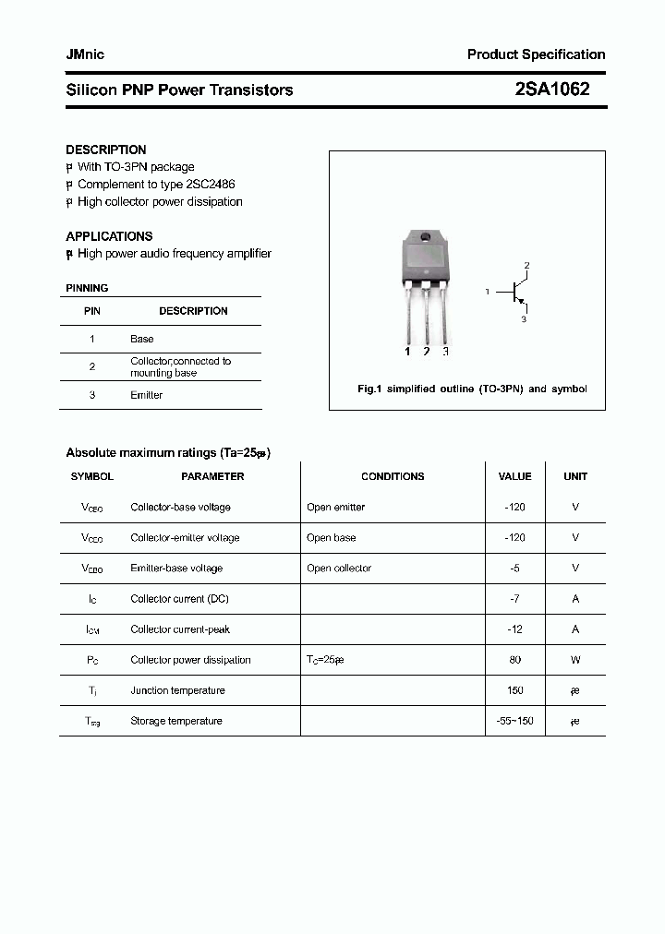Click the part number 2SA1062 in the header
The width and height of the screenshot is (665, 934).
pos(551,90)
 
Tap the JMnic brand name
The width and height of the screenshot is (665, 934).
pos(85,54)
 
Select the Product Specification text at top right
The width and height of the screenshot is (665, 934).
pos(536,54)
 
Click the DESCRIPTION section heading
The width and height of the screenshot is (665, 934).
pos(106,150)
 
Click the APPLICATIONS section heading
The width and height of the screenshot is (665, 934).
pos(109,236)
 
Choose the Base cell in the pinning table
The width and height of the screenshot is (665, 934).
pos(141,339)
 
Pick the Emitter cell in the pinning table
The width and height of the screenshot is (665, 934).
pos(146,395)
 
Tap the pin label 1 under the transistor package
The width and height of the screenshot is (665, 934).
pos(407,352)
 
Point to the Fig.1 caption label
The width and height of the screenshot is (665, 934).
pos(369,389)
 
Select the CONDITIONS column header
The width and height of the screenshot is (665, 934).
pos(393,476)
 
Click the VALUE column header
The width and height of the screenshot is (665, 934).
pos(514,476)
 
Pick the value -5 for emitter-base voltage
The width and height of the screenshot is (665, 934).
pos(514,569)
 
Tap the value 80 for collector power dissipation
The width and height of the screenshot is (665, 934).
pos(514,660)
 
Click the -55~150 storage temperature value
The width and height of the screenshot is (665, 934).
pos(514,721)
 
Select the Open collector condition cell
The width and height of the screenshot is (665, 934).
pos(339,569)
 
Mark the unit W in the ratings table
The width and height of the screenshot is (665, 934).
pos(575,660)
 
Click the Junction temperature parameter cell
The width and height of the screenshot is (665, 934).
pos(177,690)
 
